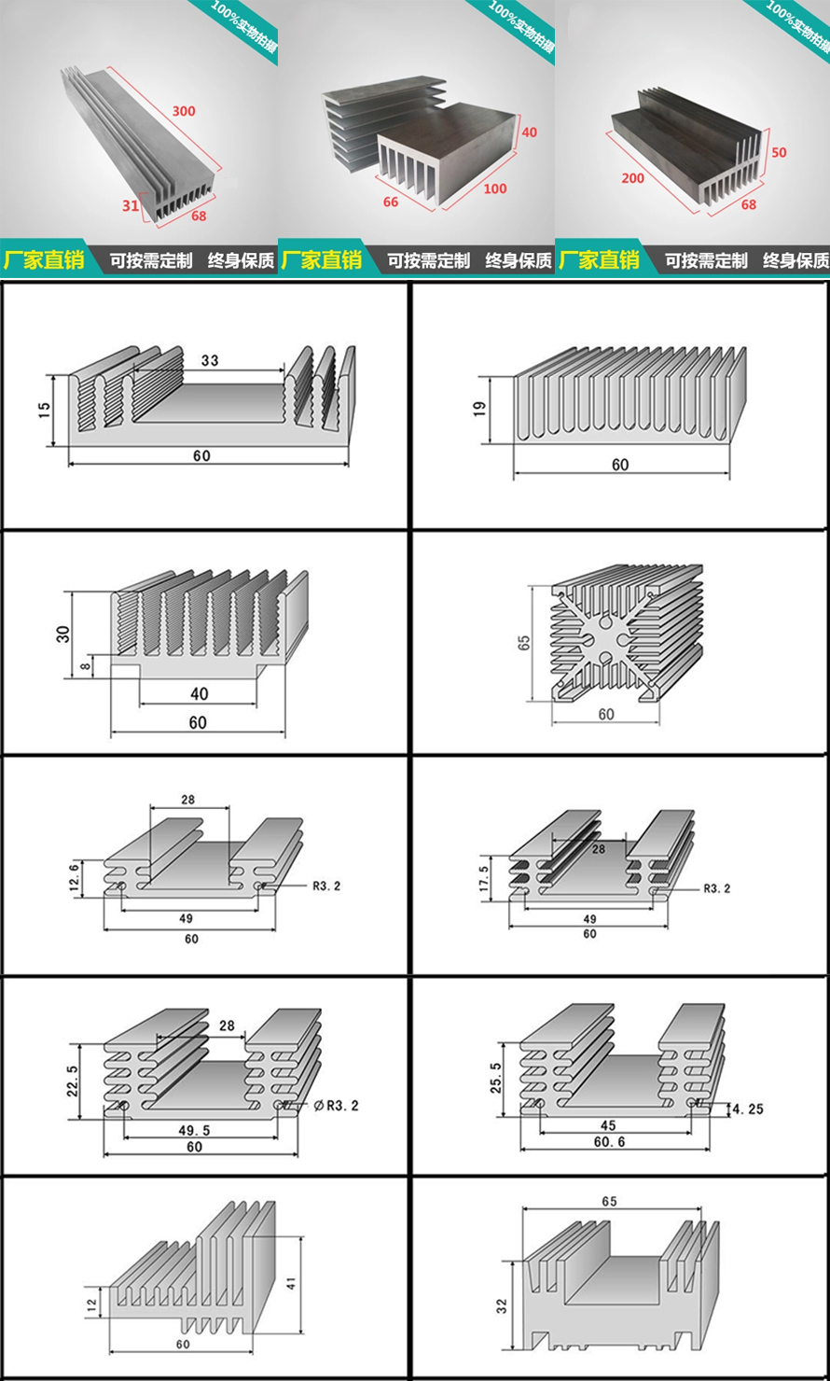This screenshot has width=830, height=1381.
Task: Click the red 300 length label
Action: click(185, 111)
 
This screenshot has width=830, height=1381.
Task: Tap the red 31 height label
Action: click(131, 204)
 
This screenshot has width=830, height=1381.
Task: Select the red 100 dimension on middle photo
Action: click(495, 188)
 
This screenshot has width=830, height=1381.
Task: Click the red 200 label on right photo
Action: click(632, 176)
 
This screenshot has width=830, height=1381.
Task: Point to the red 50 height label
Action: click(779, 152)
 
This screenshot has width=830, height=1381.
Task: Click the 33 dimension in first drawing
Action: click(209, 360)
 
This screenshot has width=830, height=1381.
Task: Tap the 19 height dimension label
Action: click(480, 409)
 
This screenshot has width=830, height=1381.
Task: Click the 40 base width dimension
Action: click(199, 693)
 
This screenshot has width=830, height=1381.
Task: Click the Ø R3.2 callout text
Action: click(337, 1106)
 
